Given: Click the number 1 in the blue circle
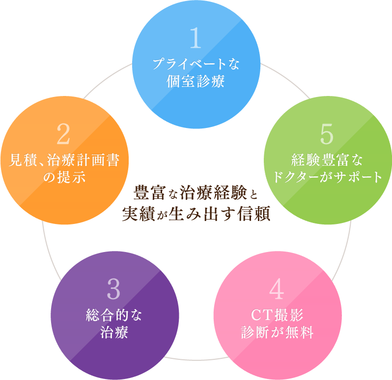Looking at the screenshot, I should pyautogui.click(x=196, y=38).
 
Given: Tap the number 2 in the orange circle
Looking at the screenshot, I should pyautogui.click(x=64, y=134).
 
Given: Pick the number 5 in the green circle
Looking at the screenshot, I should pyautogui.click(x=327, y=134).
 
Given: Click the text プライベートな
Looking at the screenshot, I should pyautogui.click(x=196, y=64).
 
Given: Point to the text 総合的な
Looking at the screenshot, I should pyautogui.click(x=113, y=315).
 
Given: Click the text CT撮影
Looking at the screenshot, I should pyautogui.click(x=278, y=315).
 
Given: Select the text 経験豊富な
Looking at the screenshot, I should pyautogui.click(x=327, y=160).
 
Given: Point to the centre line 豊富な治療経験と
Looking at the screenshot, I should pyautogui.click(x=196, y=191).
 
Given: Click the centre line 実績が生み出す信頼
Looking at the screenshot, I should pyautogui.click(x=196, y=215).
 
